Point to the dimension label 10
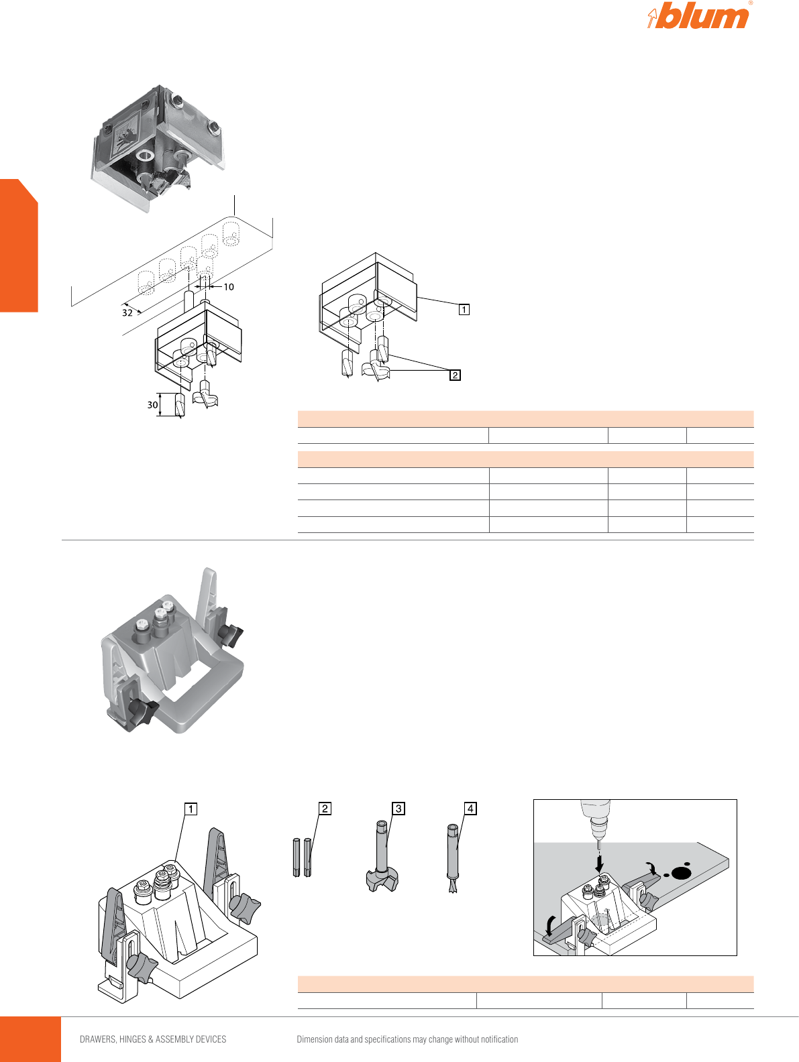click(x=228, y=287)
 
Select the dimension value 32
click(x=127, y=313)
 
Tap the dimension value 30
click(x=152, y=404)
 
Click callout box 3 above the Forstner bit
click(x=398, y=809)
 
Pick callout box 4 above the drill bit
click(x=470, y=808)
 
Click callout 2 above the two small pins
click(x=325, y=809)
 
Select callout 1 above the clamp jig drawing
click(x=191, y=809)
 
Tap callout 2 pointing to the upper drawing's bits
click(x=455, y=375)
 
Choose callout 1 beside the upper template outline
click(x=464, y=309)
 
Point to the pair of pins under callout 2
click(x=303, y=858)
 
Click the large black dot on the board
click(x=681, y=873)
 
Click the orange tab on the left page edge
click(x=19, y=246)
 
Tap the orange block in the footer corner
click(x=30, y=1039)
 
